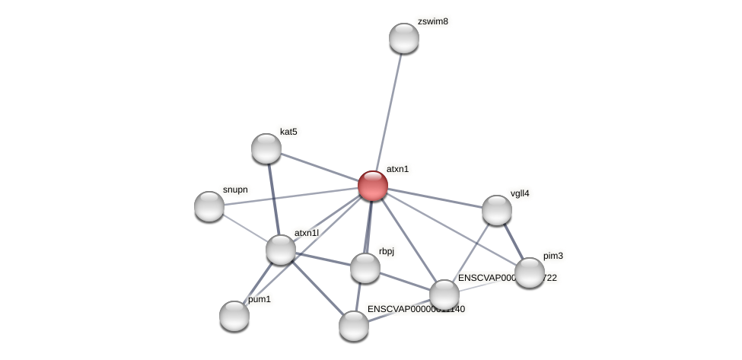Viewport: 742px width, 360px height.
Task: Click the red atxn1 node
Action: coord(373,186)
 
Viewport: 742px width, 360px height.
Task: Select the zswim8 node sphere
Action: coord(404,38)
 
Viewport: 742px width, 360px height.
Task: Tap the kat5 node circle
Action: coord(266,148)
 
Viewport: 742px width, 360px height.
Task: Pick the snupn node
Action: coord(209,206)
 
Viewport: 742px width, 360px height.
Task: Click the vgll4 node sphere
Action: coord(497,210)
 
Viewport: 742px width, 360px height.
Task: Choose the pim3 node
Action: coord(530,272)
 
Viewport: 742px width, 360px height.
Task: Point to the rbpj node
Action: coord(365,268)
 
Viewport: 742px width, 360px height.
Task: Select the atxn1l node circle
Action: coord(281,250)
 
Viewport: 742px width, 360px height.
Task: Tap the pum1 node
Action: coord(234,316)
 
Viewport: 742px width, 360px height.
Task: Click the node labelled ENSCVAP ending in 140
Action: coord(354,326)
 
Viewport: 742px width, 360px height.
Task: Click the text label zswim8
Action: coord(432,21)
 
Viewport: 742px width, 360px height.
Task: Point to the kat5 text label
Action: coord(288,132)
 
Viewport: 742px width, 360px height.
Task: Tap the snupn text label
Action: coord(235,190)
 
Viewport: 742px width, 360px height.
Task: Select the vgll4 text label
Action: coord(519,193)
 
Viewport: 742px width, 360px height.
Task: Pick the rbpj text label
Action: coord(387,251)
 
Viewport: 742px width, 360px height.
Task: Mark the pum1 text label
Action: coord(260,300)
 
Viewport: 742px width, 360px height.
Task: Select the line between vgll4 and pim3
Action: coord(514,241)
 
